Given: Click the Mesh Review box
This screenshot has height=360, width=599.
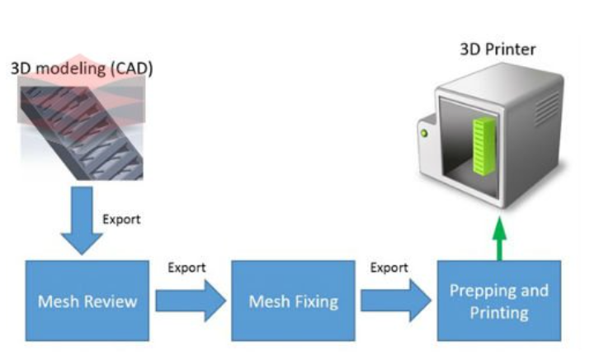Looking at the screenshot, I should (x=87, y=300).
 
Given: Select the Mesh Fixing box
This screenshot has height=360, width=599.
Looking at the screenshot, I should (x=293, y=300).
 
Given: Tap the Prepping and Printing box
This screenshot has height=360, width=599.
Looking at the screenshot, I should (x=498, y=300).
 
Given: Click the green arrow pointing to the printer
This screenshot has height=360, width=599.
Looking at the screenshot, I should (x=498, y=240).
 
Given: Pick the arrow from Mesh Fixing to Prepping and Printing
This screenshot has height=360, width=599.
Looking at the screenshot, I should (x=395, y=300).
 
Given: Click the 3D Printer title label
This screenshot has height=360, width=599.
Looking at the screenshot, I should (x=497, y=50).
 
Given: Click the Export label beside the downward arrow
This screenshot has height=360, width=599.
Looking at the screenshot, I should (x=121, y=220).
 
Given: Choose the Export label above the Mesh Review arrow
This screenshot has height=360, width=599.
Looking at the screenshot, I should (x=186, y=268).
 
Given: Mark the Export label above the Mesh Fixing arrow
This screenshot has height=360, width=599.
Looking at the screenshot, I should (x=389, y=268).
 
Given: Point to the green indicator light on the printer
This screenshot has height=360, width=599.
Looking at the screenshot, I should (x=427, y=132).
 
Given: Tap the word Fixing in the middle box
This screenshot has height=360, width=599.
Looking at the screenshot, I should (x=316, y=301).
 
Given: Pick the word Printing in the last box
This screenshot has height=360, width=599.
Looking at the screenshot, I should (x=498, y=312).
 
